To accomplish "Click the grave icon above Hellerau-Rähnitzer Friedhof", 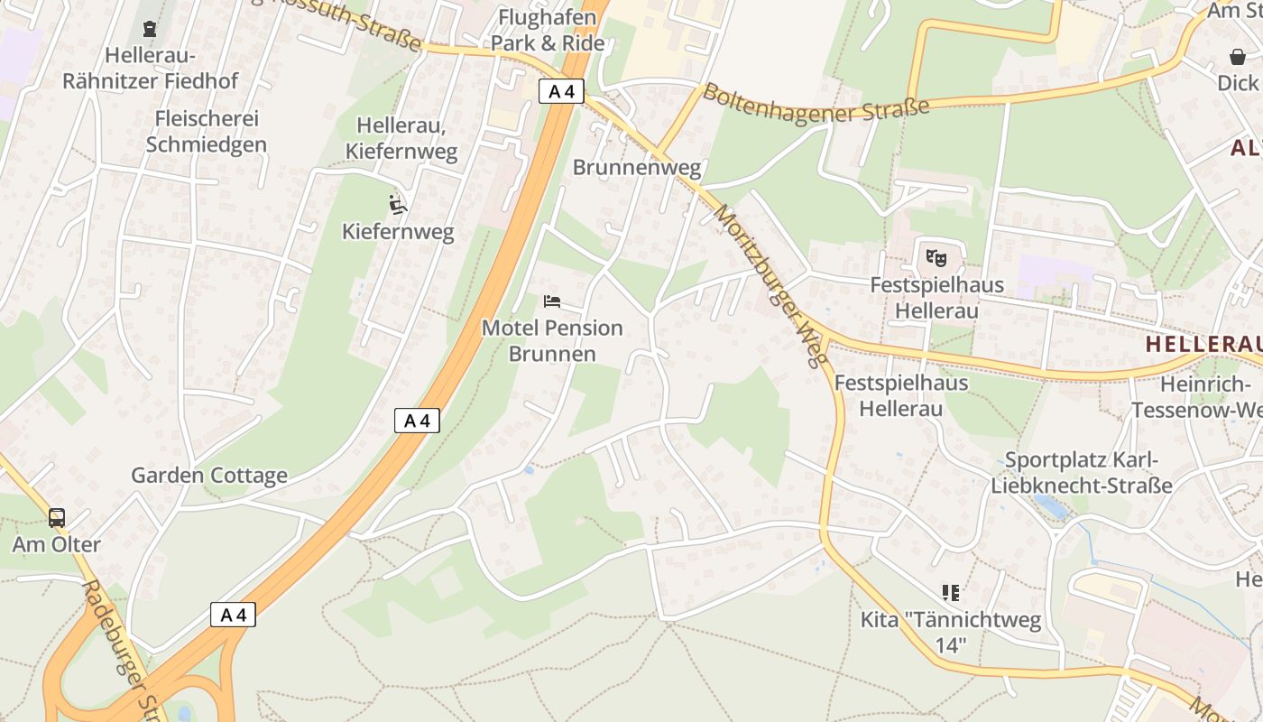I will coord(150,28).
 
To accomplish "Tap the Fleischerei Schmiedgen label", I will coord(207,132).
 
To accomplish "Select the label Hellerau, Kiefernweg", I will coord(407,138).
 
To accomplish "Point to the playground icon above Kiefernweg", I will coord(397,205).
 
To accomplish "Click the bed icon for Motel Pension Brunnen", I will coord(552,301).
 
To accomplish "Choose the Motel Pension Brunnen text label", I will coord(552,340).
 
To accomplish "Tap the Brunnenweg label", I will coord(637,167).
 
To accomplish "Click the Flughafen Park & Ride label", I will coord(548,30).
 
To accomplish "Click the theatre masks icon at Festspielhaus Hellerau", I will coord(936,258).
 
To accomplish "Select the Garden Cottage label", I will coord(209,476).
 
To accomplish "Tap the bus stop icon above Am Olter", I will coord(57,518).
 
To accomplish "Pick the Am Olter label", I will coord(57,545).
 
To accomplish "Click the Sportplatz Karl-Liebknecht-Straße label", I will coord(1082,473).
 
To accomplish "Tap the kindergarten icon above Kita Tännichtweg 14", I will coord(950,593).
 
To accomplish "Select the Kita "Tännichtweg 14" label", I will coord(951,633).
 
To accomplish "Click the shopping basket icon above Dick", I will coord(1238,57).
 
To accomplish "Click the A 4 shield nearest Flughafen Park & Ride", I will coord(561,91).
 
